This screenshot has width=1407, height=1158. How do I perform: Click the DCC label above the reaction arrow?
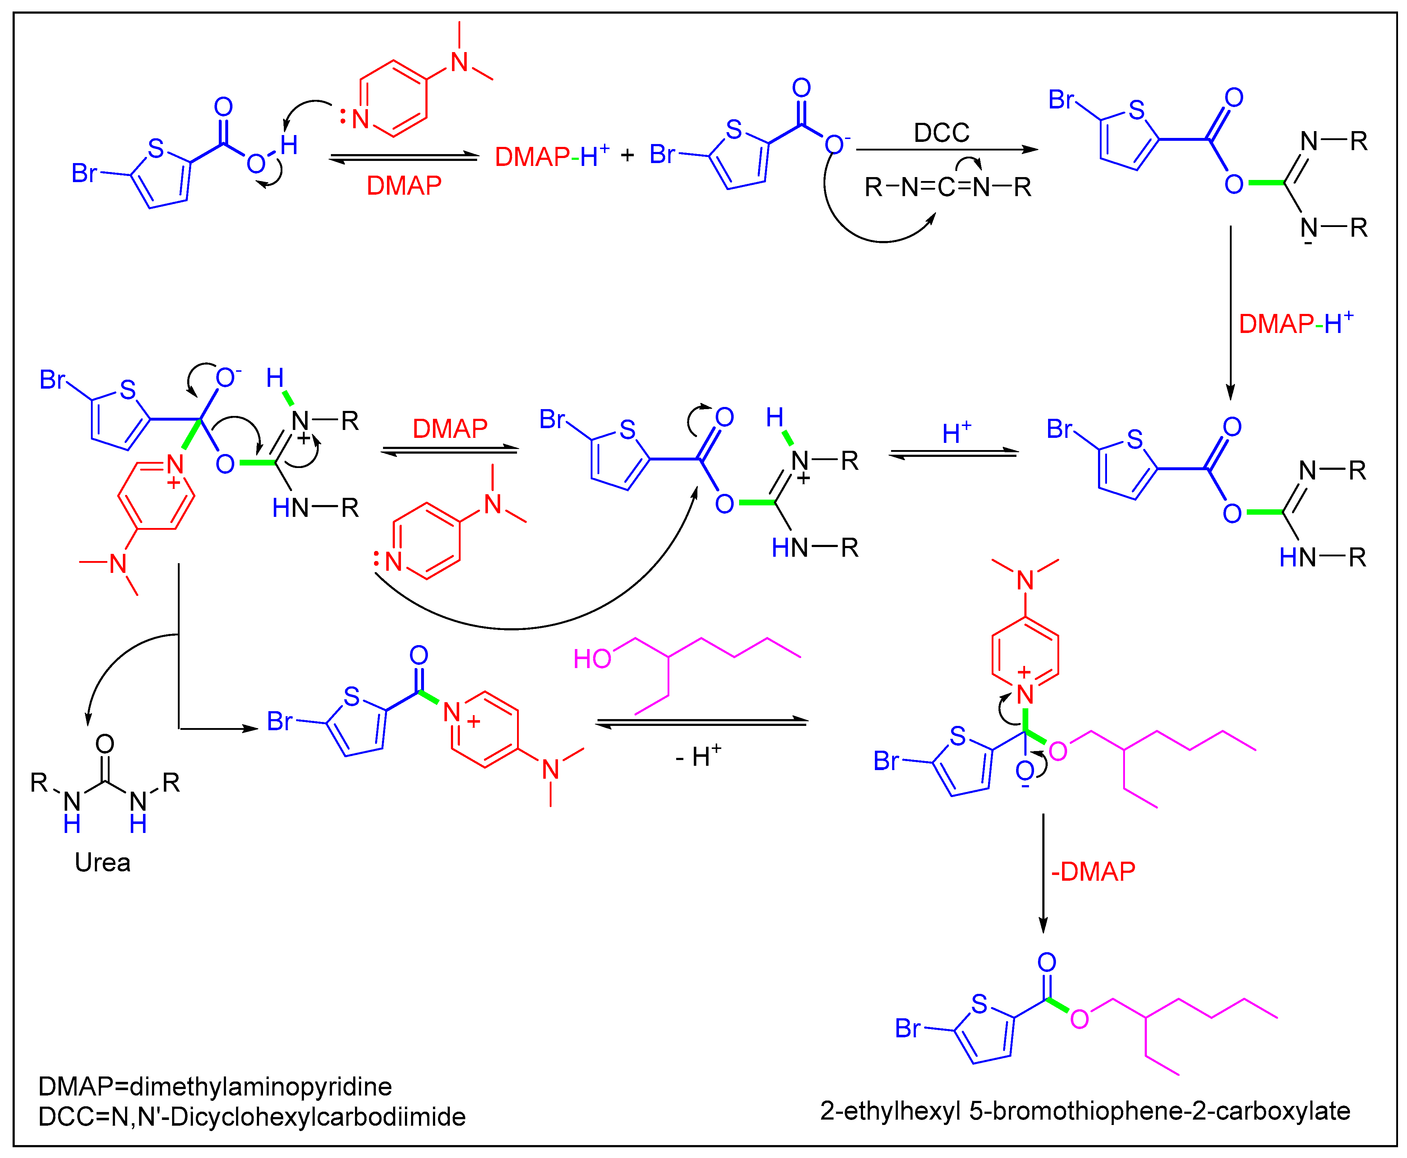[x=941, y=133]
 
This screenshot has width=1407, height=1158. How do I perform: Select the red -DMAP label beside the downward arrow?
[x=1093, y=871]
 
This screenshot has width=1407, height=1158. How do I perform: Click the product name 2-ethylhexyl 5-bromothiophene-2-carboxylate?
[x=1085, y=1111]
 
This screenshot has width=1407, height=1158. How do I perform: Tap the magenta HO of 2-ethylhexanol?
[x=592, y=659]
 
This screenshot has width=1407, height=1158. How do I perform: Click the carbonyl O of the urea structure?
[x=105, y=744]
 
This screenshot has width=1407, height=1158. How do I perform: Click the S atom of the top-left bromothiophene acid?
[x=156, y=148]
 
